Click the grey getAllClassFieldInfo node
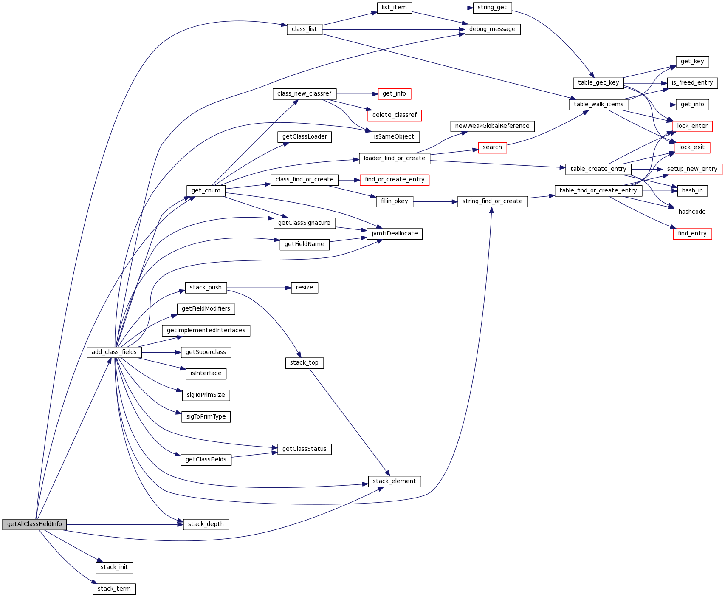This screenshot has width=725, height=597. pyautogui.click(x=34, y=524)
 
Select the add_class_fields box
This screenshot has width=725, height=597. pyautogui.click(x=114, y=352)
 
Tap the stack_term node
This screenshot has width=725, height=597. pyautogui.click(x=114, y=589)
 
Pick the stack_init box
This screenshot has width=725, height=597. pyautogui.click(x=114, y=567)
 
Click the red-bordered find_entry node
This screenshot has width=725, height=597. pyautogui.click(x=692, y=234)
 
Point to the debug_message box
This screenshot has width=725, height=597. pyautogui.click(x=492, y=29)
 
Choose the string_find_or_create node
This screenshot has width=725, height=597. pyautogui.click(x=492, y=201)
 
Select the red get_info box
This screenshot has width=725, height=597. pyautogui.click(x=394, y=94)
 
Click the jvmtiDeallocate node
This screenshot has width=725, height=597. pyautogui.click(x=395, y=234)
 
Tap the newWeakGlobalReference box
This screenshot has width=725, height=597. pyautogui.click(x=492, y=126)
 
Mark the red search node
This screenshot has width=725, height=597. pyautogui.click(x=492, y=147)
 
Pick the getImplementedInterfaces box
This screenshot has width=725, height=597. pyautogui.click(x=206, y=331)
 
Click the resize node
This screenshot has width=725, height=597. pyautogui.click(x=305, y=288)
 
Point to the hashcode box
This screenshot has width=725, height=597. pyautogui.click(x=692, y=212)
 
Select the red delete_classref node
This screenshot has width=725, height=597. pyautogui.click(x=395, y=115)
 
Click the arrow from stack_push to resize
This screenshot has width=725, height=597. pyautogui.click(x=259, y=288)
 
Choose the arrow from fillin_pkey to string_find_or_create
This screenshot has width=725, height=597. pyautogui.click(x=435, y=201)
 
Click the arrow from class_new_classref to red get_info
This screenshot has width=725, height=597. pyautogui.click(x=357, y=94)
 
